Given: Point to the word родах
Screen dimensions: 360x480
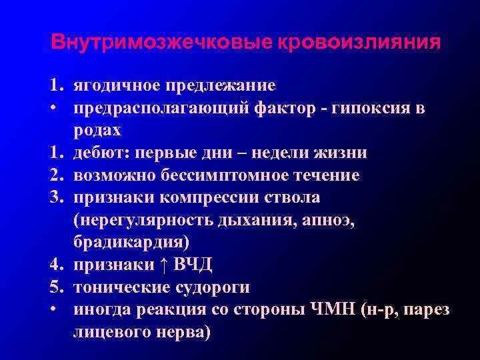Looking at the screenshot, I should click(97, 131).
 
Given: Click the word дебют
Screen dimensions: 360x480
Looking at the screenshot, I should click(102, 153).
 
